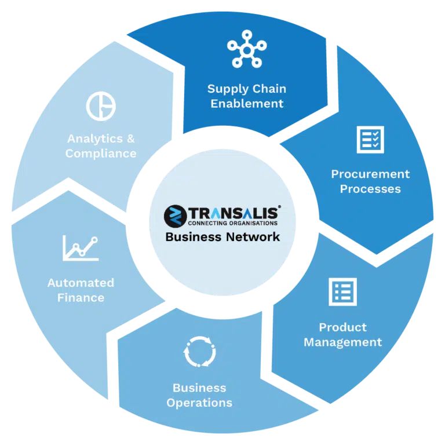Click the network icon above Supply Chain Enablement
(x=247, y=50)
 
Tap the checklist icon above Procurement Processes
(x=370, y=140)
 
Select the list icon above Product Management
(x=342, y=292)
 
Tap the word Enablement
(x=247, y=104)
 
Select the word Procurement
(x=370, y=174)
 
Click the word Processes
(x=370, y=189)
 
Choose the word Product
(x=343, y=327)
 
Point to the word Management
(x=343, y=342)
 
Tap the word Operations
(x=199, y=403)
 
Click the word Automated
(x=81, y=283)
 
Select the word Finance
(x=81, y=298)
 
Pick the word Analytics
(x=95, y=139)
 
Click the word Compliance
(x=101, y=154)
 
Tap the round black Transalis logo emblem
(x=176, y=216)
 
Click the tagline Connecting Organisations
(x=233, y=223)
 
